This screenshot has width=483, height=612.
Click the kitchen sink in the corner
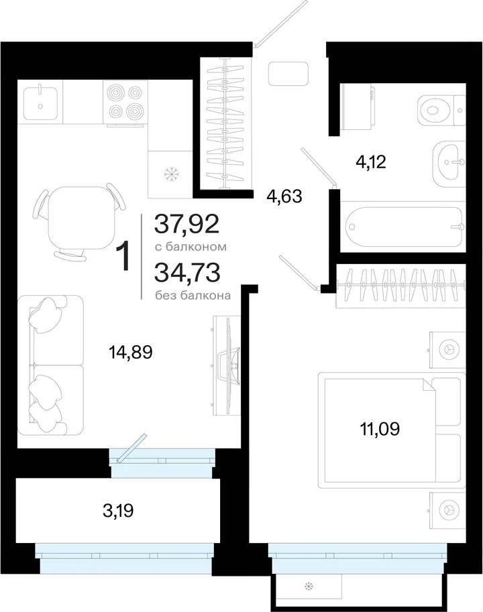coord(41,103)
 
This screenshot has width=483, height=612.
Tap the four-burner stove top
coord(125,103)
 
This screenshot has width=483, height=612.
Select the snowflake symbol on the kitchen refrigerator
coord(170,174)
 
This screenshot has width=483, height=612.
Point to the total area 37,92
coord(186,224)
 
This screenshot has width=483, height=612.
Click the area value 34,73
coord(187,272)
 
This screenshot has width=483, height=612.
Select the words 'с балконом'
coord(191,247)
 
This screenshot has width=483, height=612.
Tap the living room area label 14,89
coord(130,352)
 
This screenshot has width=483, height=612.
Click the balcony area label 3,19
coord(118,510)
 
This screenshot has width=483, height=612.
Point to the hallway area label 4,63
coord(284,196)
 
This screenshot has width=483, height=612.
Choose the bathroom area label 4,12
coord(370,162)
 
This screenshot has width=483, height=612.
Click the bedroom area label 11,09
coord(380,428)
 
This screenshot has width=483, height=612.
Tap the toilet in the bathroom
coord(441,110)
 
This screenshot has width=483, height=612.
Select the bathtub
coord(403,227)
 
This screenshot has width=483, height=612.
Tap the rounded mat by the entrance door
coord(288,74)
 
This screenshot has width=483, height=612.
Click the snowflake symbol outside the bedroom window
coord(309,586)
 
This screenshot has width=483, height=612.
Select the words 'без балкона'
coord(193,296)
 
